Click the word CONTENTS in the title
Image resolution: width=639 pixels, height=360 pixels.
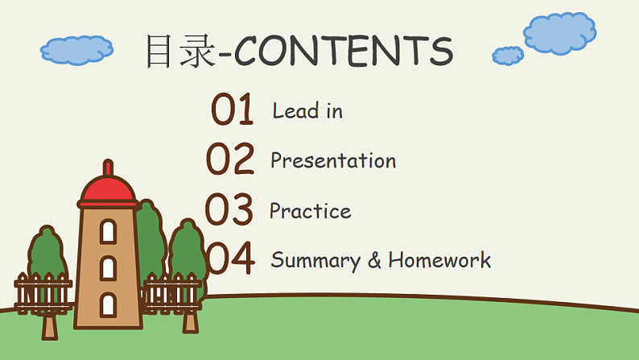pos(344,51)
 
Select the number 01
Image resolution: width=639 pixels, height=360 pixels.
pos(232,110)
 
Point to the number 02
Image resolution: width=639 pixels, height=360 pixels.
pos(230,159)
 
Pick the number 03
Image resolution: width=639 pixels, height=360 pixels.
pos(229,210)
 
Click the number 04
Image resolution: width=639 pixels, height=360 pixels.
pos(230,259)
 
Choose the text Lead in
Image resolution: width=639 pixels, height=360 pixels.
pos(307,110)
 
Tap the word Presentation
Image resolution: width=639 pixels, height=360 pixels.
pos(333,160)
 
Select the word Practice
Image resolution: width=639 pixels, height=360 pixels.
pos(310,211)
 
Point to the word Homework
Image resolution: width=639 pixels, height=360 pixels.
pos(439,260)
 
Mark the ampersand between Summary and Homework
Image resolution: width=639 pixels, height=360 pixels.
pos(375,260)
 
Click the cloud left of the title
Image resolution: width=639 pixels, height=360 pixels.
pos(76,50)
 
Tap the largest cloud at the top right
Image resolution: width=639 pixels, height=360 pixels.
pos(560,33)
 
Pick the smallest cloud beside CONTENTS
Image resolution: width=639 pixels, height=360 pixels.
pos(508,56)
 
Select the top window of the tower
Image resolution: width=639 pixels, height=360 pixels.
pos(108,231)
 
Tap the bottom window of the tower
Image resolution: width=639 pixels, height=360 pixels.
pos(108,304)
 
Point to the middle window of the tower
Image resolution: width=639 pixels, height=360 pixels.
pos(108,267)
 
